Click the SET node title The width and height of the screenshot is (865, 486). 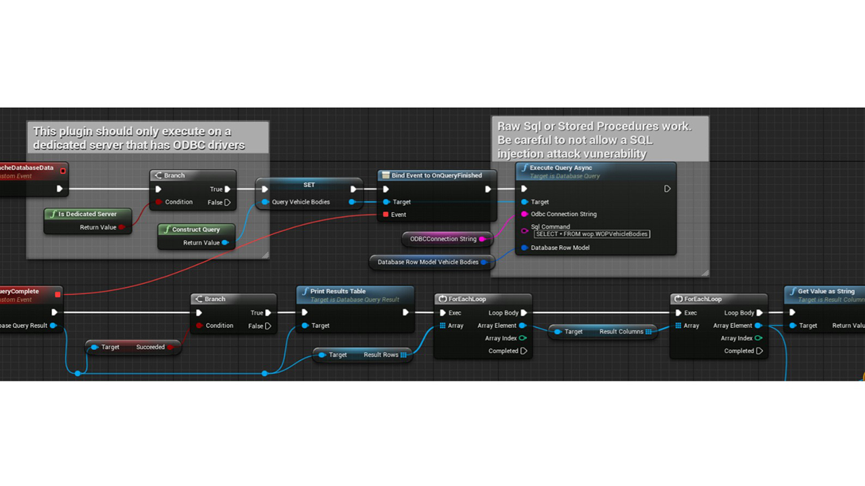tap(308, 185)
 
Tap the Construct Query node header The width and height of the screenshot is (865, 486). tap(196, 230)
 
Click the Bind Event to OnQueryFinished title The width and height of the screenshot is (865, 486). tap(437, 175)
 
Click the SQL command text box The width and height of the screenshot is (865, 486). tap(592, 234)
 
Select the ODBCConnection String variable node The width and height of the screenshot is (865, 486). tap(443, 239)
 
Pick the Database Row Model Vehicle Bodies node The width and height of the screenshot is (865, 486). tap(428, 262)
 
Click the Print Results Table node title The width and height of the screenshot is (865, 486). tap(338, 292)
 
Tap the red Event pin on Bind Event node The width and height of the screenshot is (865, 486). tap(386, 215)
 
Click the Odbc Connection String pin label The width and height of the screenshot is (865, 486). tap(564, 214)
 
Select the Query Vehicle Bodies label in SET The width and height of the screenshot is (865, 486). tap(301, 202)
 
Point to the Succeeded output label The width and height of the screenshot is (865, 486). tap(150, 347)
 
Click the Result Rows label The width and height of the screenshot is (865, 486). tap(381, 354)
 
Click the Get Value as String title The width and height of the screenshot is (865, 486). tap(826, 292)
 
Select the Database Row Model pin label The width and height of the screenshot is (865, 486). tap(560, 248)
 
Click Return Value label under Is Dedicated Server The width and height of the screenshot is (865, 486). tap(98, 227)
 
